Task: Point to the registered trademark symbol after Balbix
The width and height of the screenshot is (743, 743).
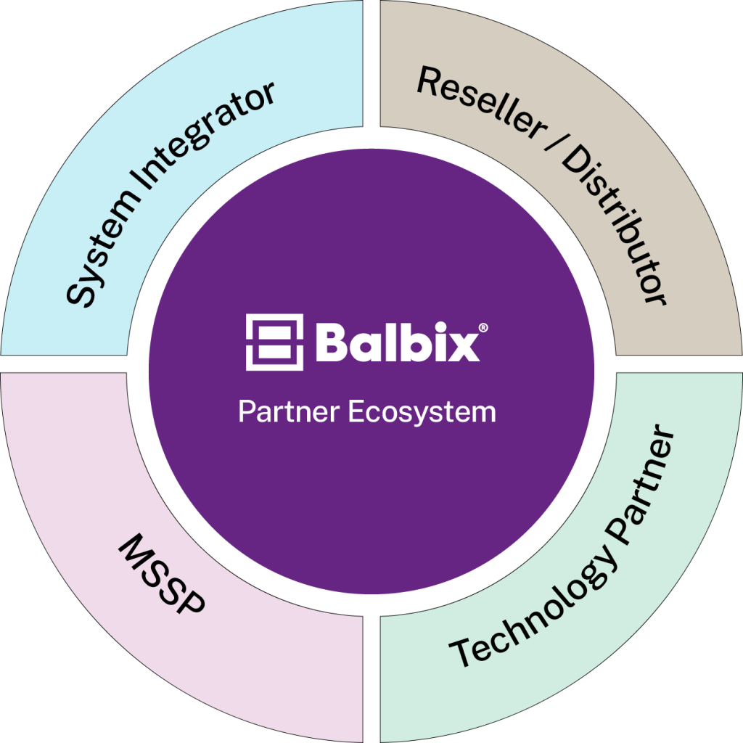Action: coord(484,328)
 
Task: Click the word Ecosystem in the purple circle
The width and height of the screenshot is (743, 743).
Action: coord(422,412)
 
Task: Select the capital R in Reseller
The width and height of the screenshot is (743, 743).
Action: coord(429,83)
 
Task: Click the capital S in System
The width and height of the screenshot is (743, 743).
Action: coord(81,290)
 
